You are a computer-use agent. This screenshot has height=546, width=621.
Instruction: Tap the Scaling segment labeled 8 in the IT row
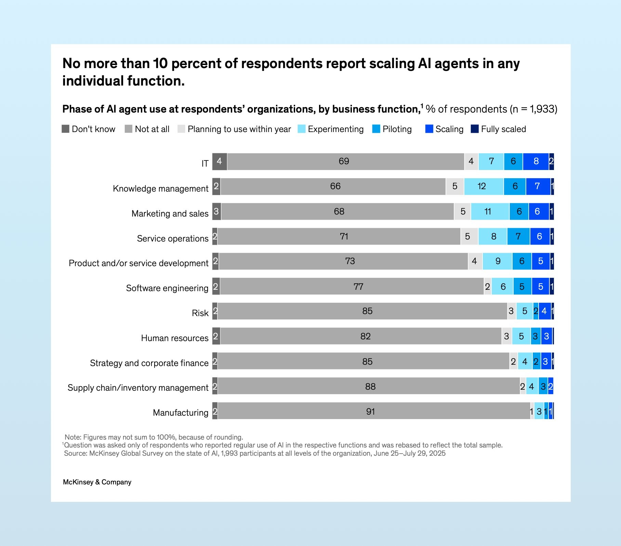point(536,161)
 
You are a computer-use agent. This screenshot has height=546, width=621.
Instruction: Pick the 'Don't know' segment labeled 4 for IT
point(220,161)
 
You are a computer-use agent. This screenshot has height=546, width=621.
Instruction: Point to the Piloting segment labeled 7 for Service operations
point(518,236)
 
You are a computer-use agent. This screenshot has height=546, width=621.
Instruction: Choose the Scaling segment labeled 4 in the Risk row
point(544,311)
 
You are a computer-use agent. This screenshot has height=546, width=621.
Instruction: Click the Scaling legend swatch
point(429,129)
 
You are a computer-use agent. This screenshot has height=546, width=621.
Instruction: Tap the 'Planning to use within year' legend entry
point(239,129)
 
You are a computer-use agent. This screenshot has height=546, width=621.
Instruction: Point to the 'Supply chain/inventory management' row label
point(138,388)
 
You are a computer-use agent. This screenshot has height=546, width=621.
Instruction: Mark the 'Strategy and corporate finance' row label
point(149,363)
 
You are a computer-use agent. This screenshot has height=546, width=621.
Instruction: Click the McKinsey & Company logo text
point(97,482)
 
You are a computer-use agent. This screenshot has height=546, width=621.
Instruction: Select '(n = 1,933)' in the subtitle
point(533,109)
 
